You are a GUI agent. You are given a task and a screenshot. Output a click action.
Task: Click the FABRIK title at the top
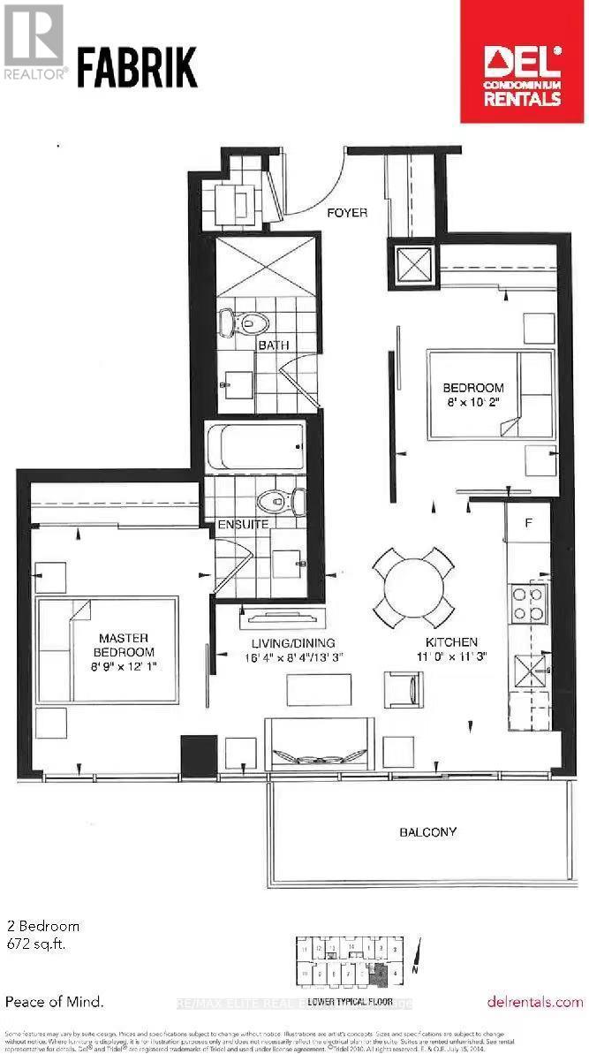tap(137, 67)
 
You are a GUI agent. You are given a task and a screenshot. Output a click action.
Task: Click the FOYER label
tap(347, 213)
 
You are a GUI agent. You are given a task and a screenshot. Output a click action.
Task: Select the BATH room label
tap(274, 345)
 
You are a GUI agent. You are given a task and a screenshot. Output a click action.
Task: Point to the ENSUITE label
tap(244, 524)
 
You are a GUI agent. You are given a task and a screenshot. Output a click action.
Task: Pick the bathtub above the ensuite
tap(255, 447)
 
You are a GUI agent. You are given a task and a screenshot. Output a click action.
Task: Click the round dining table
tap(413, 587)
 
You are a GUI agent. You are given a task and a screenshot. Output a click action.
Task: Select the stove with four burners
tap(529, 604)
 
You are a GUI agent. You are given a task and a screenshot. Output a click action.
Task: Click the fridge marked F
tap(528, 523)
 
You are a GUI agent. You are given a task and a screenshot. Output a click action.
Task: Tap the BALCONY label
tap(427, 831)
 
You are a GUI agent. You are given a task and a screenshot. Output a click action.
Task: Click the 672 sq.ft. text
tap(37, 943)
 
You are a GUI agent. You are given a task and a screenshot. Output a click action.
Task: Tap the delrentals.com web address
tap(535, 1002)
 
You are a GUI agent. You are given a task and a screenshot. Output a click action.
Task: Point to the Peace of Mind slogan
tap(54, 1002)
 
